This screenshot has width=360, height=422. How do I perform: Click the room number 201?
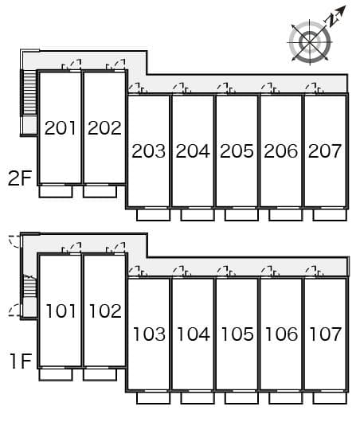pyautogui.click(x=60, y=128)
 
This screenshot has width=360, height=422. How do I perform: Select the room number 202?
pyautogui.click(x=104, y=128)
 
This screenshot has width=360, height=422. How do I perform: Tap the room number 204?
pyautogui.click(x=193, y=150)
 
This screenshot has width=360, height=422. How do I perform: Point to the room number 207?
pyautogui.click(x=325, y=150)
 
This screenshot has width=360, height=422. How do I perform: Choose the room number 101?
pyautogui.click(x=61, y=311)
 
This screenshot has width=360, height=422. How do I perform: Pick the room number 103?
pyautogui.click(x=150, y=334)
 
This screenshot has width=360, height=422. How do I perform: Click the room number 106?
pyautogui.click(x=282, y=334)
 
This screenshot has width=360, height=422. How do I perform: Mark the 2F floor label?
pyautogui.click(x=20, y=178)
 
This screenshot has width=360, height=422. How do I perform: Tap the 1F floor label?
pyautogui.click(x=21, y=361)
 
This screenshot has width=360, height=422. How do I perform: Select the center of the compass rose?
pyautogui.click(x=310, y=42)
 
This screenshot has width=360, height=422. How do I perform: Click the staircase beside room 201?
pyautogui.click(x=29, y=92)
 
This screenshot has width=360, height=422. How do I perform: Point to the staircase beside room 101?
pyautogui.click(x=29, y=287)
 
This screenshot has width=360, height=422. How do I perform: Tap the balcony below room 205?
pyautogui.click(x=241, y=215)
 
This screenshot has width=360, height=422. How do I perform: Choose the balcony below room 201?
pyautogui.click(x=56, y=192)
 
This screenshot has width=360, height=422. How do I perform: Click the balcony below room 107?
pyautogui.click(x=330, y=398)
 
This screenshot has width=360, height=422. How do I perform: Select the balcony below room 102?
pyautogui.click(x=100, y=374)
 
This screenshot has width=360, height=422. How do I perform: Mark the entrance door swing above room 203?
pyautogui.click(x=134, y=88)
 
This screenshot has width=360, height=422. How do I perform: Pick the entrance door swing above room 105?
pyautogui.click(x=222, y=272)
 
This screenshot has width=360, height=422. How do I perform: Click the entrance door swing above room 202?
pyautogui.click(x=119, y=64)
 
